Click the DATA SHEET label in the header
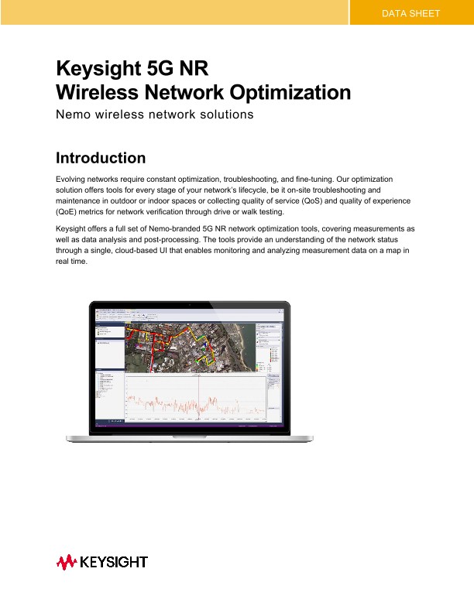pos(411,13)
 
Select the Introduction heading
pos(101,159)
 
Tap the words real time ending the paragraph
pos(73,262)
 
